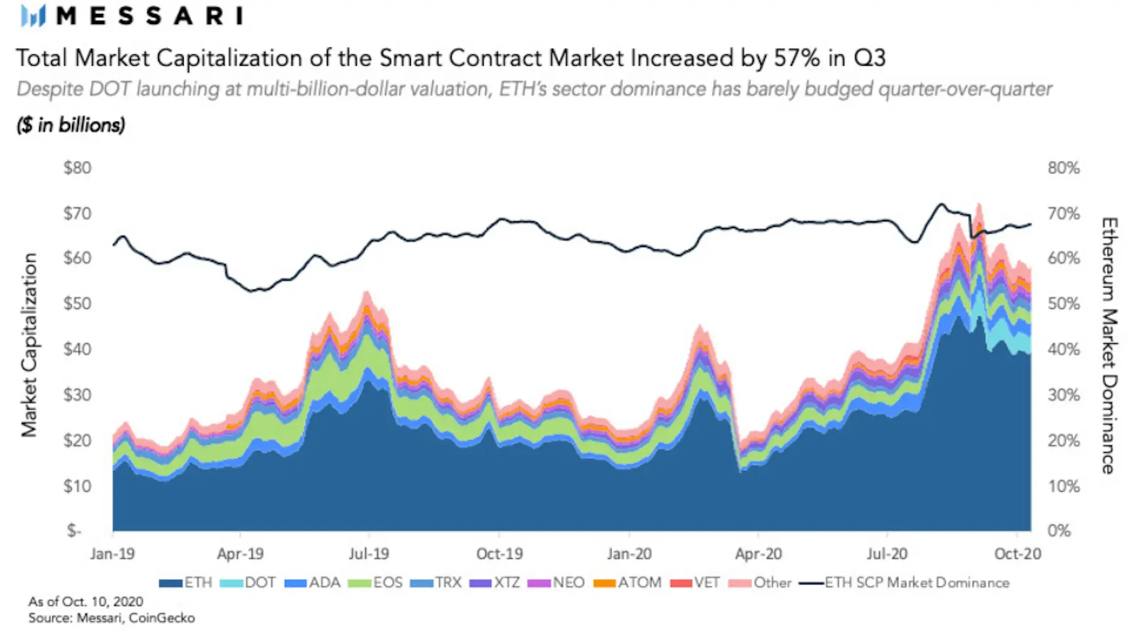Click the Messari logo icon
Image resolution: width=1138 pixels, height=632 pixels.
34,16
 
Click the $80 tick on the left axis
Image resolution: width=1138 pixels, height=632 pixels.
77,168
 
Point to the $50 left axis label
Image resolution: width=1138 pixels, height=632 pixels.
77,303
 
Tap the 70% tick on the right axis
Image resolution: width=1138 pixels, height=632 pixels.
1063,214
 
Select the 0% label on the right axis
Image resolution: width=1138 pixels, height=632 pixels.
1059,531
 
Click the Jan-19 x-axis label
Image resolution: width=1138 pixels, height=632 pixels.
113,554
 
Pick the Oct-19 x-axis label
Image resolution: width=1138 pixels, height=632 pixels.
499,554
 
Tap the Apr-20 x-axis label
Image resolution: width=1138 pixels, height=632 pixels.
758,554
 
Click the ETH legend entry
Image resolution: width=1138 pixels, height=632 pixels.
185,583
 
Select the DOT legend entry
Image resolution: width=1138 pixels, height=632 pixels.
248,583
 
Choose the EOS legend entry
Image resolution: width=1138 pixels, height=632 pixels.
376,583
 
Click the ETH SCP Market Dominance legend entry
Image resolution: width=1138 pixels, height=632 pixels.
905,583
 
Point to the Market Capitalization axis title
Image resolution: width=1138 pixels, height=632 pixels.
29,345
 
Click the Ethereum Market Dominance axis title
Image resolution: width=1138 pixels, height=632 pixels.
1110,346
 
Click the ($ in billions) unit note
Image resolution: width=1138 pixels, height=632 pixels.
71,125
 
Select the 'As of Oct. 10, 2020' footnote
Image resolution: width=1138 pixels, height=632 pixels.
86,602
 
